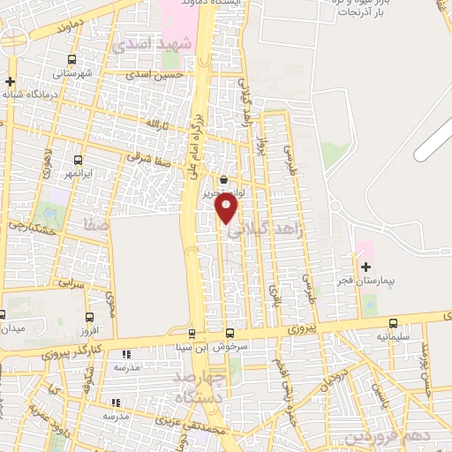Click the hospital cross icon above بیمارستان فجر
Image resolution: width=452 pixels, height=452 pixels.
(365, 266)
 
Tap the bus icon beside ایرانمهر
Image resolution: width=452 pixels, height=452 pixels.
(79, 160)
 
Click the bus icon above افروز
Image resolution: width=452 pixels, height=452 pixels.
(89, 317)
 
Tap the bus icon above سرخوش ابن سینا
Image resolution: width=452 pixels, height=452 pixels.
(230, 333)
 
